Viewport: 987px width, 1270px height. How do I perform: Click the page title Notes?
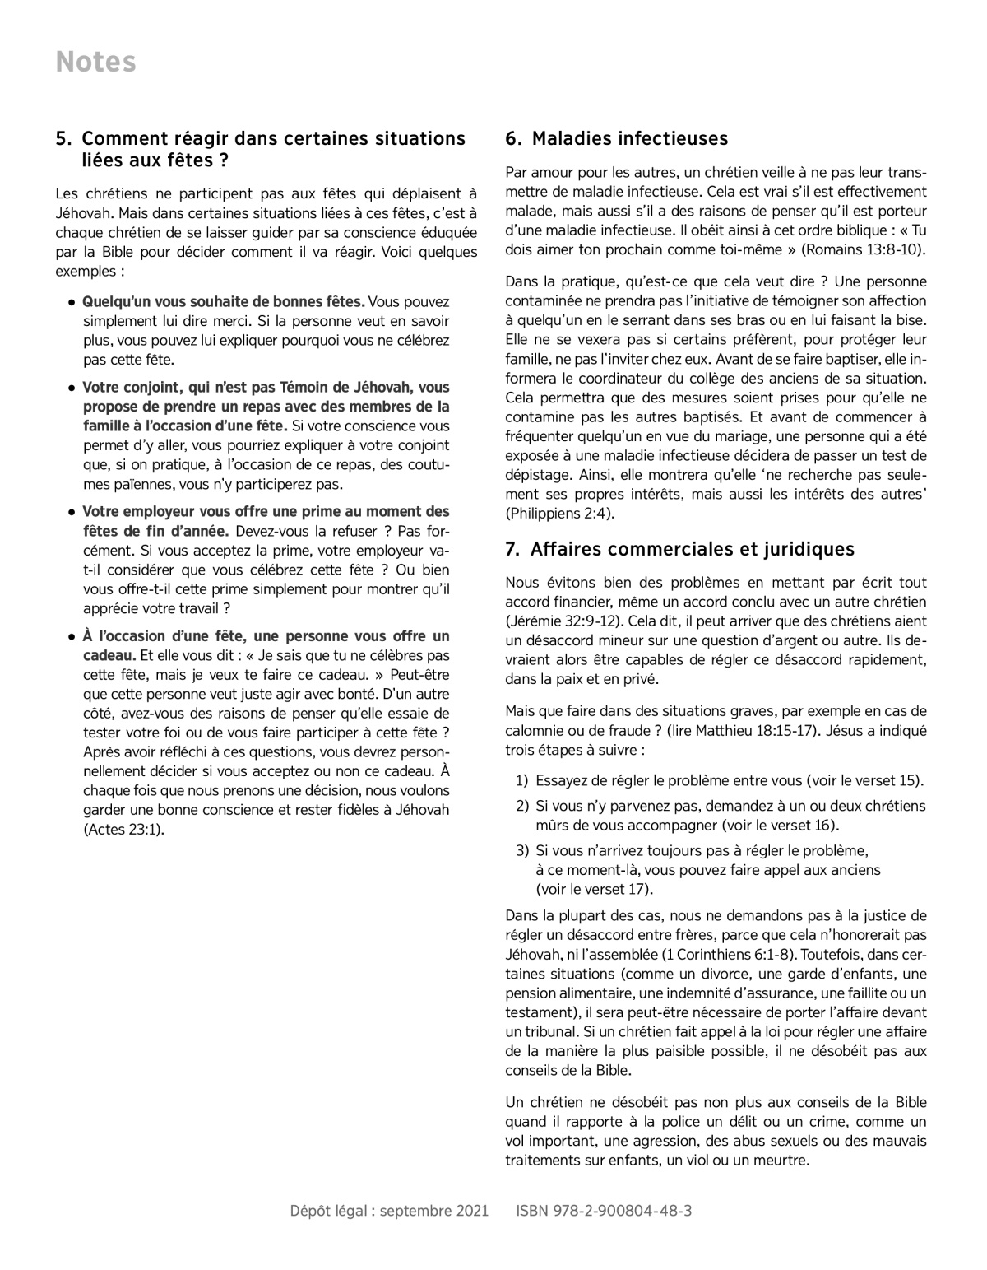tap(95, 63)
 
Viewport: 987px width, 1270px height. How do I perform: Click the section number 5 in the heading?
tap(61, 139)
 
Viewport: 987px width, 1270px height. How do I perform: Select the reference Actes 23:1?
tap(123, 829)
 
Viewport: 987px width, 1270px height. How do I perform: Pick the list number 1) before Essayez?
tap(521, 780)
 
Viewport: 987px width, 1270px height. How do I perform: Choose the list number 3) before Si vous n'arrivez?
tap(521, 850)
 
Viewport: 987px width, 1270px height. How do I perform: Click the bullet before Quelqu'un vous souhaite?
tap(72, 303)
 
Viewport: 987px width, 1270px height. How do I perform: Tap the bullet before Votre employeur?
tap(72, 512)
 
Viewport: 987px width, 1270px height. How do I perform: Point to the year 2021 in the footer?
tap(473, 1211)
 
